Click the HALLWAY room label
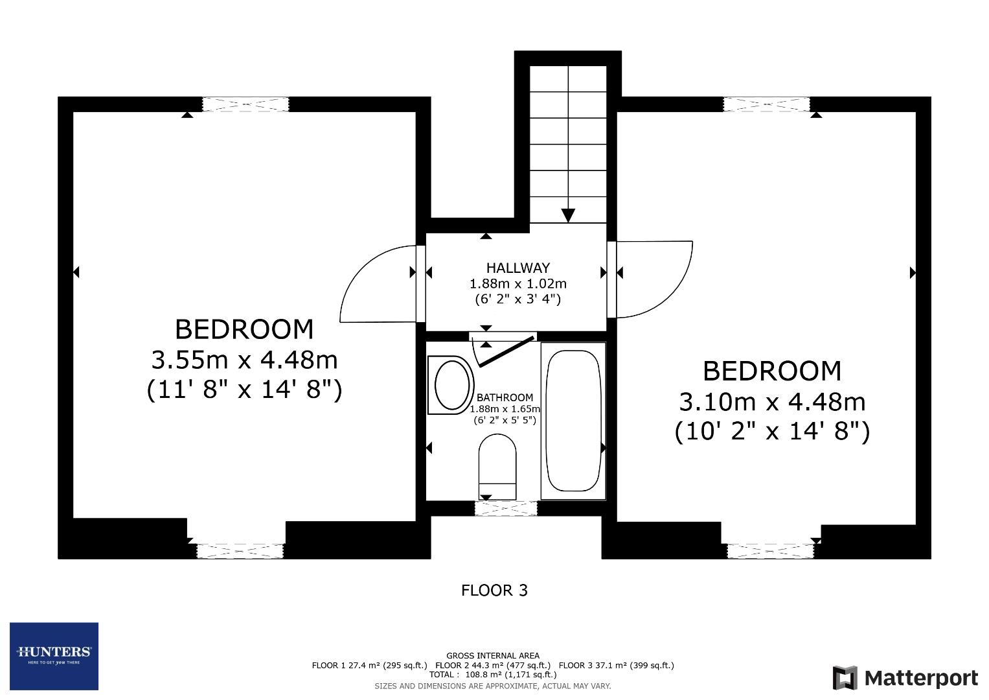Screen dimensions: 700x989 [517, 268]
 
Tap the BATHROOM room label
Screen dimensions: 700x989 [505, 397]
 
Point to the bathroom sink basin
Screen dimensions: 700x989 [452, 385]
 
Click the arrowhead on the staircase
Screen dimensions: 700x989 [568, 215]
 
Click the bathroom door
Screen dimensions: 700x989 [506, 351]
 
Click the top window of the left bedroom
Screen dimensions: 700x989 [245, 104]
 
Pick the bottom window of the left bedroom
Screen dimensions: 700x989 [240, 551]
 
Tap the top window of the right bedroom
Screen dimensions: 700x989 [766, 104]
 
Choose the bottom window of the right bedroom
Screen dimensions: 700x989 [769, 551]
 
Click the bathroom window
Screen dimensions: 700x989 [506, 509]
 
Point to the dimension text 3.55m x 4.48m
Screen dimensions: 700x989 [244, 359]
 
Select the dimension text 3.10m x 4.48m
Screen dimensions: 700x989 [771, 402]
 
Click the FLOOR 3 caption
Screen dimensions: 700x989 [494, 590]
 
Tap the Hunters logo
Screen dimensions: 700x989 [54, 656]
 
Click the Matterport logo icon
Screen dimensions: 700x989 [845, 678]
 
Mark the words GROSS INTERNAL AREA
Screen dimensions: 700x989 [492, 655]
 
